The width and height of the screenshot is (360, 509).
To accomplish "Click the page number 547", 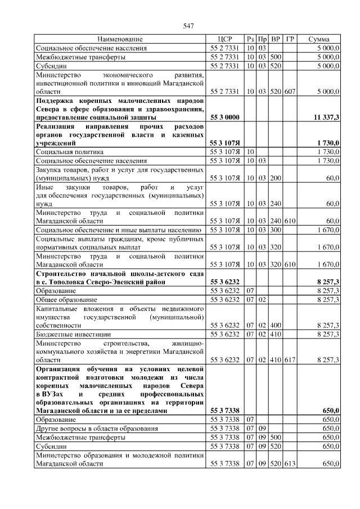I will pyautogui.click(x=188, y=26).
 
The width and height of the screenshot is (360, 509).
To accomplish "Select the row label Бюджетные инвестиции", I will pyautogui.click(x=69, y=334).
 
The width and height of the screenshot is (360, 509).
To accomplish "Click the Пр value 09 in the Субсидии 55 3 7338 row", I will pyautogui.click(x=262, y=445).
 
